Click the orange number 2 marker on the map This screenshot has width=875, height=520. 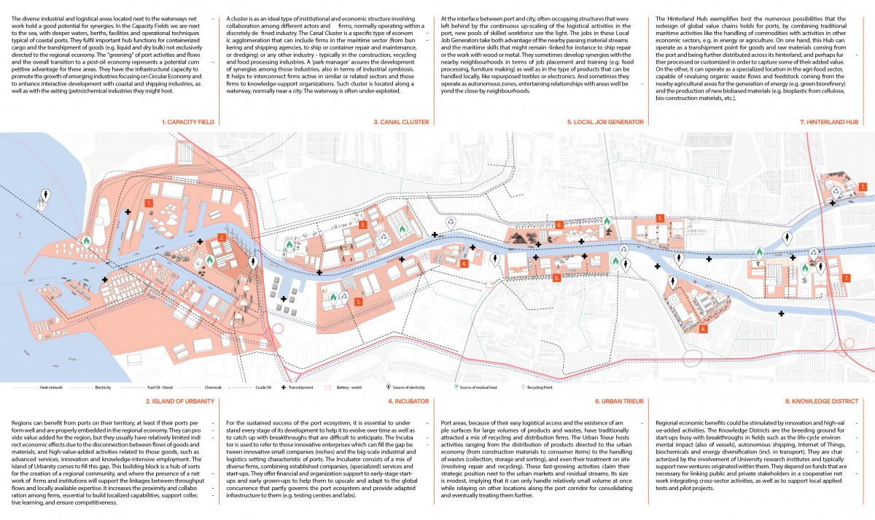pos(222,238)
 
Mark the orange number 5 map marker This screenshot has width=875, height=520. pos(659,218)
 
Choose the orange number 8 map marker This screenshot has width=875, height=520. pos(702,329)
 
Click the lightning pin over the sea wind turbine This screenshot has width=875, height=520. pos(47,195)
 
